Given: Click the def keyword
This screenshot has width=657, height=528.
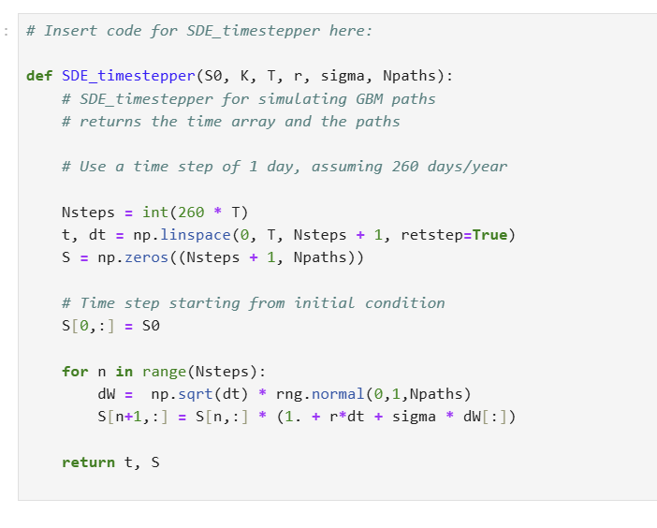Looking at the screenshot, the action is tap(38, 76).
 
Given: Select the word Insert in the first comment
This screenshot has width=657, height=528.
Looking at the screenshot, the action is tap(70, 31).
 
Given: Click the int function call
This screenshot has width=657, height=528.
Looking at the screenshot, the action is tap(156, 212).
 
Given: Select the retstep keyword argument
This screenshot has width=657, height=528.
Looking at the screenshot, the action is tap(431, 234).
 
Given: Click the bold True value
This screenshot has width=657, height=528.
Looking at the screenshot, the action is tap(490, 234).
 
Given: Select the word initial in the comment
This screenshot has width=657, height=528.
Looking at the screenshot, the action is tap(328, 302).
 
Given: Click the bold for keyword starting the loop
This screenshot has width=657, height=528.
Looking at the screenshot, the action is tap(75, 371).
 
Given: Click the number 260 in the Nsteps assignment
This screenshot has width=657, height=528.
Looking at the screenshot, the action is tap(193, 212).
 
